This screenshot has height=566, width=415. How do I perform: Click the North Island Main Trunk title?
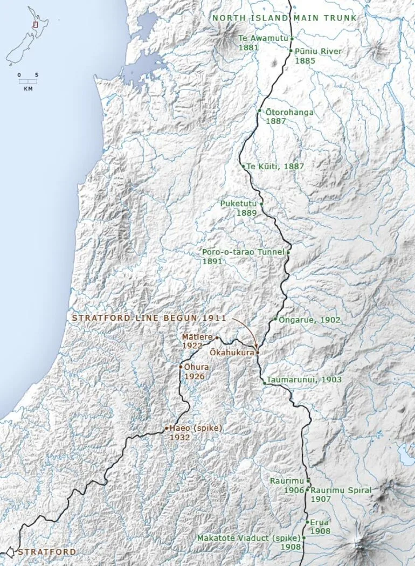click(x=284, y=18)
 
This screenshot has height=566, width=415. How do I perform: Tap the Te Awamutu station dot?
click(x=292, y=39)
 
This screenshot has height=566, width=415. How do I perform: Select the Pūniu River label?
click(x=319, y=51)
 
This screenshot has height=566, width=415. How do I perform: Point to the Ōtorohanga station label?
click(x=289, y=113)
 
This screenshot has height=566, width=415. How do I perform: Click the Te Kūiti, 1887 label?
click(x=275, y=167)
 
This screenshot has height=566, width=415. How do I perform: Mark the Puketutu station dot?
click(x=261, y=204)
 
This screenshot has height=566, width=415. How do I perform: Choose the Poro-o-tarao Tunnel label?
click(x=243, y=252)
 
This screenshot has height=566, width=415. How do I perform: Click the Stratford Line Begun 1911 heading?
click(x=149, y=318)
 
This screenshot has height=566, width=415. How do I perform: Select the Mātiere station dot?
click(x=217, y=338)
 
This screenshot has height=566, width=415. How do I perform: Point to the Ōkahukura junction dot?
click(x=258, y=353)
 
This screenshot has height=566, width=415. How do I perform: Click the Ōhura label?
click(x=196, y=367)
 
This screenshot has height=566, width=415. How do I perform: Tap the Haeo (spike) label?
click(x=196, y=428)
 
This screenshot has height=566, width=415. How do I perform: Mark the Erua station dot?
click(x=307, y=522)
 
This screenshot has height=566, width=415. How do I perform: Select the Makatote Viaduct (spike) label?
click(x=248, y=538)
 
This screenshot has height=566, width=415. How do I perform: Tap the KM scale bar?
click(x=28, y=82)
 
